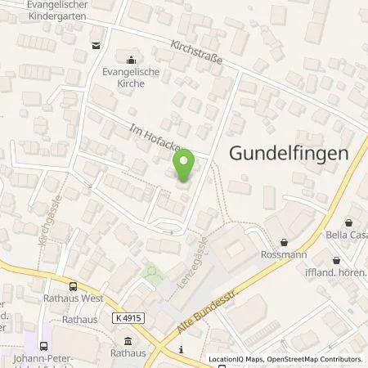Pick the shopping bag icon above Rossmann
tap(284, 242)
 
